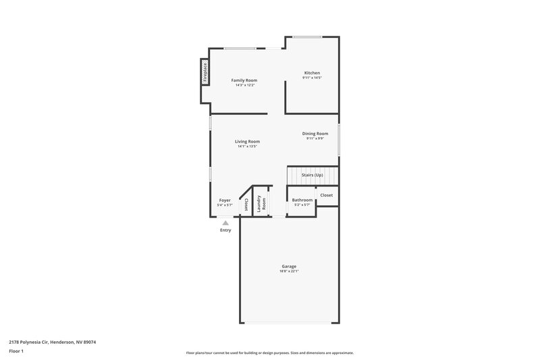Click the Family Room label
[x=244, y=80]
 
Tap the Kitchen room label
[x=311, y=73]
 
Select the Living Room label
[x=247, y=141]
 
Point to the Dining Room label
[x=315, y=134]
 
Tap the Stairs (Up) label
[x=312, y=175]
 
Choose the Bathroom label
[x=302, y=200]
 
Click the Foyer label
[x=225, y=200]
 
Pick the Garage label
[x=289, y=266]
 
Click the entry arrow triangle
[x=225, y=222]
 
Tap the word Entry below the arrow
[x=225, y=230]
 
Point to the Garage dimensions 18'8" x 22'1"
[x=289, y=272]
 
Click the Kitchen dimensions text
[x=311, y=78]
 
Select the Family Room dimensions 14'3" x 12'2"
[x=244, y=86]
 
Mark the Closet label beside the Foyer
[x=246, y=205]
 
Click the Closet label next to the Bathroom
[x=326, y=195]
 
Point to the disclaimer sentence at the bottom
[x=269, y=353]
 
